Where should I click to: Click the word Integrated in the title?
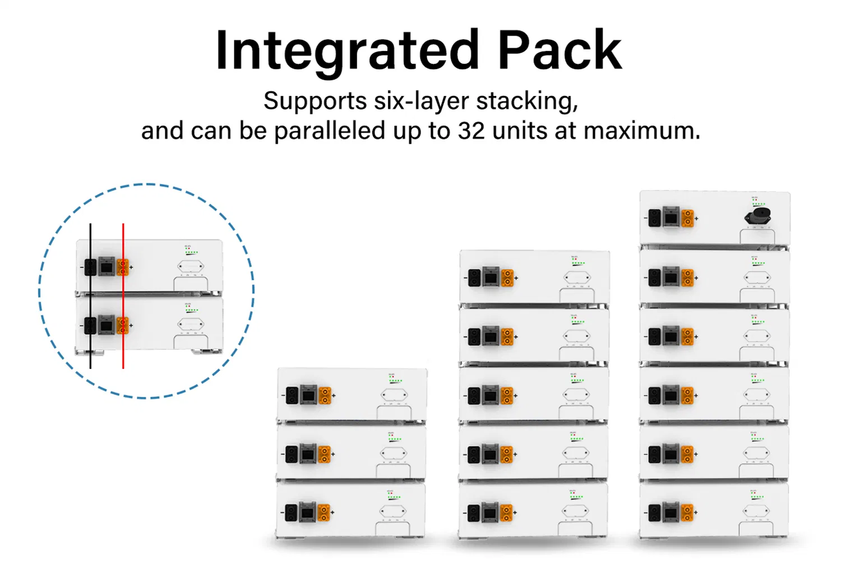(x=346, y=52)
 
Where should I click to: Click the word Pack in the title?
(x=559, y=52)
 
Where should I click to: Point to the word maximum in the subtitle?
(x=641, y=131)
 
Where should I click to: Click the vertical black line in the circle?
(x=90, y=348)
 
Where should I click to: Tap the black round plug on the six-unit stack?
(x=759, y=216)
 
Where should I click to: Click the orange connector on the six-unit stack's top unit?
(x=687, y=218)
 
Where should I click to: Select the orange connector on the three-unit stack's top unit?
(x=325, y=395)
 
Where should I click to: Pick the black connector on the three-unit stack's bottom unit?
(x=291, y=512)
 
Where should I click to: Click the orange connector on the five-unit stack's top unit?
(x=507, y=278)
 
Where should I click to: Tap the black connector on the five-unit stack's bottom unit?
(x=474, y=513)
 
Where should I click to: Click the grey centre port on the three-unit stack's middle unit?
(x=307, y=454)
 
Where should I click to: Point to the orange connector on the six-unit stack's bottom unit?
(x=687, y=512)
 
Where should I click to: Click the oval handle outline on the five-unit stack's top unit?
(x=576, y=277)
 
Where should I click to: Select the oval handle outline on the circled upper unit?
(x=191, y=266)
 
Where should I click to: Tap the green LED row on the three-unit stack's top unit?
(x=395, y=381)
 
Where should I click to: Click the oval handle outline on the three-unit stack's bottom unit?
(x=393, y=511)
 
